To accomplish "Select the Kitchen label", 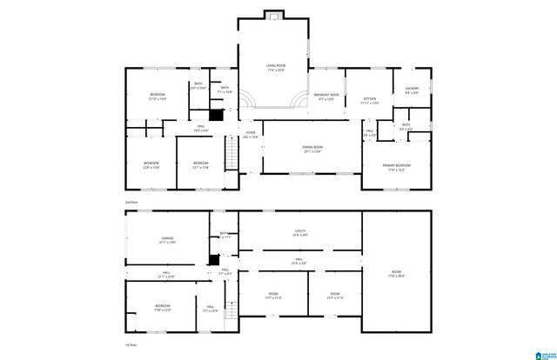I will point(369,100).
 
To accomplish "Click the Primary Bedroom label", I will point(396,165).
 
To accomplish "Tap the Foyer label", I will point(250,135).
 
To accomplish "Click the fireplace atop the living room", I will point(275,14).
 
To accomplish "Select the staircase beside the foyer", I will point(232,156).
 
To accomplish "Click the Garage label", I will point(168,239).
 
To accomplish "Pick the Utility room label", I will point(300,232).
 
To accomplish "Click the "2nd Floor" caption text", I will point(131,201).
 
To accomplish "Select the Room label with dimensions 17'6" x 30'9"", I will point(396,274).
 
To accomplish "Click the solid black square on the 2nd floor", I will point(217,114).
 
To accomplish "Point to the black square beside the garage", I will point(214,259).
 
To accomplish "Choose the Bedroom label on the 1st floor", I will point(163,307).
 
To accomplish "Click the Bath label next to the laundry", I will point(406,126).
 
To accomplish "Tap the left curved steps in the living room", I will point(247,98).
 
